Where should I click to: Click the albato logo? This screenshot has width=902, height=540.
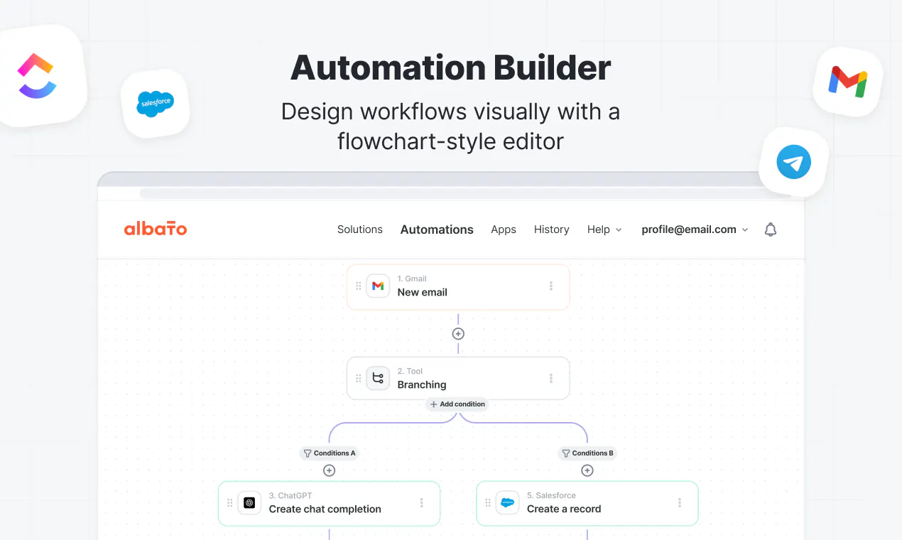click(156, 229)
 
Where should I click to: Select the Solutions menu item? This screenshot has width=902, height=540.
click(359, 229)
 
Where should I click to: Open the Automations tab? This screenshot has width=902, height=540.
click(437, 229)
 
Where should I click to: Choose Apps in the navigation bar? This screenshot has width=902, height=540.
click(504, 229)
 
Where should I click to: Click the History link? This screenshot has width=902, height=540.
click(551, 229)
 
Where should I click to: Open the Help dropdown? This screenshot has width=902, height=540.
click(604, 229)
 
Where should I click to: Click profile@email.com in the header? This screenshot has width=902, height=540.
click(695, 229)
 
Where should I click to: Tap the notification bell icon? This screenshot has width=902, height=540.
click(771, 229)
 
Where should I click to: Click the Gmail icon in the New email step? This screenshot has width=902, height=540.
click(378, 286)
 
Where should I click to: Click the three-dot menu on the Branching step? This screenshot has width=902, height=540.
click(551, 378)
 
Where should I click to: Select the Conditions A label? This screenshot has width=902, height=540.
click(330, 453)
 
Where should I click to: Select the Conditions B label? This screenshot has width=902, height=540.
click(587, 453)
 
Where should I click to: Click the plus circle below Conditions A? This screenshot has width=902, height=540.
click(329, 470)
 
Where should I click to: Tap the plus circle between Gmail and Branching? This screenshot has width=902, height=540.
click(458, 334)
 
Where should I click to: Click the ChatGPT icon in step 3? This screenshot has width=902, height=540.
click(249, 502)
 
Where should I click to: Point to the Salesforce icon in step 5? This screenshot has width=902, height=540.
click(507, 502)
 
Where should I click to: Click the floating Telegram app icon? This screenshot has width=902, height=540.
click(793, 162)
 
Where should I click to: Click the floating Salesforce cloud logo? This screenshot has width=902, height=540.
click(156, 104)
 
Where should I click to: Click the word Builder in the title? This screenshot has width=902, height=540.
click(552, 67)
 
